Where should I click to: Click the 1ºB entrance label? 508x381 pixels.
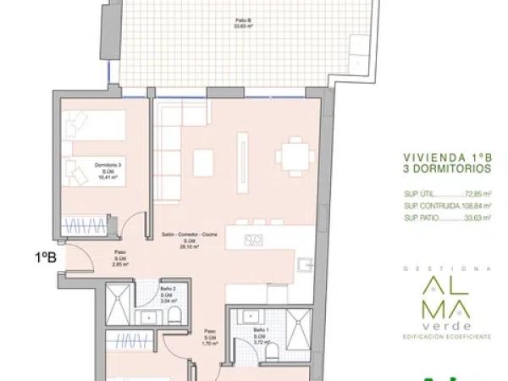[45, 257]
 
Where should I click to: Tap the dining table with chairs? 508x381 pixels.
[294, 155]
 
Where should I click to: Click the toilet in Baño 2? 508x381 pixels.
[175, 315]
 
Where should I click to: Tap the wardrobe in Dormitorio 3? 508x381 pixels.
[90, 226]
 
